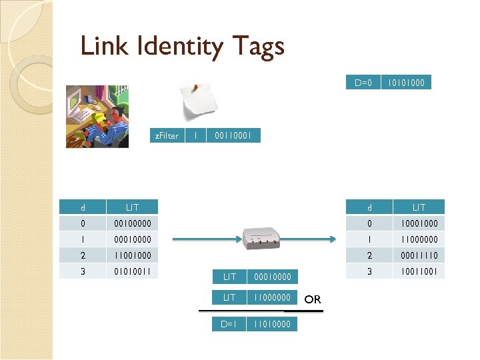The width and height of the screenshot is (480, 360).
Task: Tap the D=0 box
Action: click(363, 83)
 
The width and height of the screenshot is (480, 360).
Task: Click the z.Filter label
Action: click(167, 135)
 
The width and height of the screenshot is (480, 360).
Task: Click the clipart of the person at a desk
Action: click(97, 116)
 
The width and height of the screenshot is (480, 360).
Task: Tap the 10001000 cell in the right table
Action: click(419, 223)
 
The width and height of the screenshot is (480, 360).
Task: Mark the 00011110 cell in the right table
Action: click(419, 255)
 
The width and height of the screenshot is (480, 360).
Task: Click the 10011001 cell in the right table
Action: click(419, 271)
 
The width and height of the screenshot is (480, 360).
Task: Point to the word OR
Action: click(313, 299)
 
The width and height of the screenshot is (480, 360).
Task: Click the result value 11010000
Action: click(272, 324)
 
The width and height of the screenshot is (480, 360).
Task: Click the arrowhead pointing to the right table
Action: click(335, 239)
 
